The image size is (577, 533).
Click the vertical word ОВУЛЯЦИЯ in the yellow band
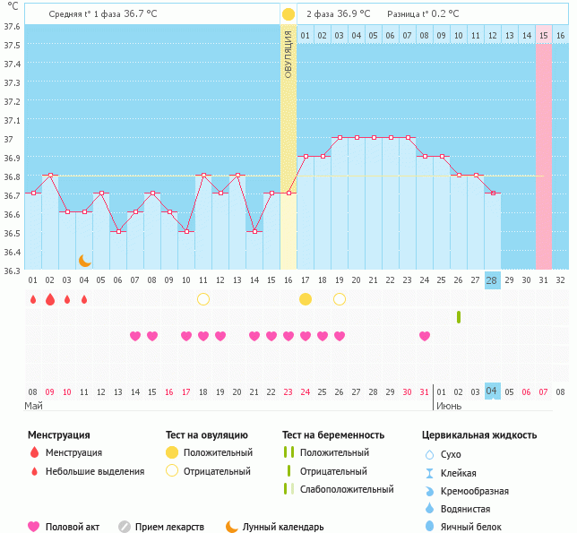tap(288, 54)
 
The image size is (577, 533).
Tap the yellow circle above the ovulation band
tap(288, 14)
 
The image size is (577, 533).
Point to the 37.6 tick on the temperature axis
tap(13, 26)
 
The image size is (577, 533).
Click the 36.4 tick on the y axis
tap(13, 252)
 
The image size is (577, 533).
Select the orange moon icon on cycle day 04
tap(84, 261)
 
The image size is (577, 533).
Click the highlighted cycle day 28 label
tap(492, 279)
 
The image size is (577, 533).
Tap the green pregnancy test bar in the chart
tap(459, 317)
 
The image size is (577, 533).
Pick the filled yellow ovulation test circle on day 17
tap(306, 299)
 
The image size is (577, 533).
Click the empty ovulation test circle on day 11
tap(203, 299)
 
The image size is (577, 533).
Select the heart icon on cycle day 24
tap(425, 336)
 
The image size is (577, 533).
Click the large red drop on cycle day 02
tap(50, 299)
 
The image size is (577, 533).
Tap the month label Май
tap(33, 406)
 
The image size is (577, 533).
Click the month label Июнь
tap(449, 406)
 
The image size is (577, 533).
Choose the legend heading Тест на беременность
tap(333, 435)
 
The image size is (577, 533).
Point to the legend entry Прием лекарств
tap(169, 527)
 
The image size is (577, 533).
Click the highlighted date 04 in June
tap(492, 391)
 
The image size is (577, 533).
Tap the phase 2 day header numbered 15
tap(543, 35)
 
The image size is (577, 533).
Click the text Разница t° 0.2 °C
tap(423, 14)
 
